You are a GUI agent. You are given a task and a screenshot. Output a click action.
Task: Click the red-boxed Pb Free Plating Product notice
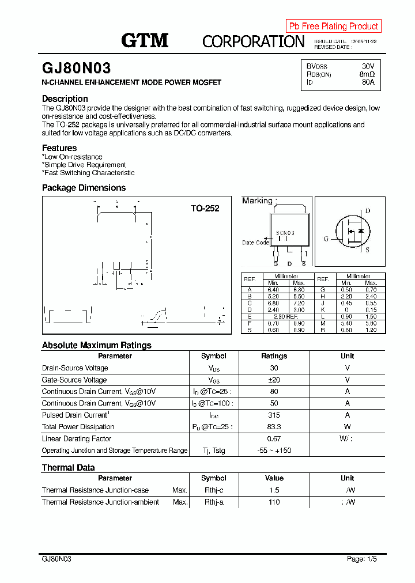click(x=333, y=26)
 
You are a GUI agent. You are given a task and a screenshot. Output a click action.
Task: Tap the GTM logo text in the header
click(x=145, y=40)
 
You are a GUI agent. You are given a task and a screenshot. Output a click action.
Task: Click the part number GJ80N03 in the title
click(x=73, y=69)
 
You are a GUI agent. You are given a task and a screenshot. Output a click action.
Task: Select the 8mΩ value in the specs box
click(x=367, y=74)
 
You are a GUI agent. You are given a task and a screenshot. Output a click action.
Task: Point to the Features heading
click(x=59, y=148)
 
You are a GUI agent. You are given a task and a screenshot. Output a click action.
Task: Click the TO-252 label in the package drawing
click(x=205, y=209)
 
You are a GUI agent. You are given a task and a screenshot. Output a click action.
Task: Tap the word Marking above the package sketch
click(x=257, y=200)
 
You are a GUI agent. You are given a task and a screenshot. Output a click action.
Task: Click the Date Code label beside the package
click(x=255, y=243)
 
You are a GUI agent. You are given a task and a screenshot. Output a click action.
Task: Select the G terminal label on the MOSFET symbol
click(x=326, y=238)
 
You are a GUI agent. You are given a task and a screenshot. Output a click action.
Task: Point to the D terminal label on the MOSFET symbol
click(x=368, y=211)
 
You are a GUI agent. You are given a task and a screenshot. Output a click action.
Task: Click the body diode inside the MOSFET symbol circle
click(x=361, y=230)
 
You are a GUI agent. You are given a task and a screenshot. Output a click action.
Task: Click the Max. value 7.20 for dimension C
click(x=299, y=303)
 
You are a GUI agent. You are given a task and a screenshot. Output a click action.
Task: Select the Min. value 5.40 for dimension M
click(x=346, y=324)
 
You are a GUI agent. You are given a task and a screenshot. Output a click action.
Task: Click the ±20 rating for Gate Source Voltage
click(x=274, y=380)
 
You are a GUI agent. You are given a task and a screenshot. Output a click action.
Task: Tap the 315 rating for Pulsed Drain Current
click(x=274, y=415)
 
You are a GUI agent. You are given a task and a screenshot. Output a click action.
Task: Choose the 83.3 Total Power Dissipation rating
click(x=274, y=427)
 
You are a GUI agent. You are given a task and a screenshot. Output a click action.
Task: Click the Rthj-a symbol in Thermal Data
click(x=213, y=502)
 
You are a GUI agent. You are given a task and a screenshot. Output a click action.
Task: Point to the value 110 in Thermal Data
click(x=274, y=502)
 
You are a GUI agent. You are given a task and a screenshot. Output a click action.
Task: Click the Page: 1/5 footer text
click(x=362, y=559)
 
